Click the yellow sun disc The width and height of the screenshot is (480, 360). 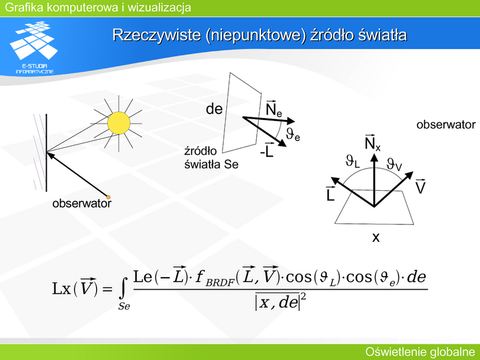(x=119, y=123)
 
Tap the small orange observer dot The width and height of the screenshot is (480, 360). (x=108, y=197)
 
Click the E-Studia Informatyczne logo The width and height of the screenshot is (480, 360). (x=34, y=47)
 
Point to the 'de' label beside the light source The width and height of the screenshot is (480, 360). (x=214, y=109)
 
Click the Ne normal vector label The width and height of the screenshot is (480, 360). (x=274, y=109)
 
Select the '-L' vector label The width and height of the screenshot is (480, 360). (x=266, y=150)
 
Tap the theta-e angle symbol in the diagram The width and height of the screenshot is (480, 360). (x=293, y=134)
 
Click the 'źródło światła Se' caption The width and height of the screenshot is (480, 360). (x=211, y=158)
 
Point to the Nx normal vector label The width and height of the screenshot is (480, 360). (x=372, y=142)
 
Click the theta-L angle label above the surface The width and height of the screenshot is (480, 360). (x=352, y=161)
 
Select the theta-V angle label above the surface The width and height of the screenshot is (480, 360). (x=394, y=164)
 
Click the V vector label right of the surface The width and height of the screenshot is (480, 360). (x=421, y=186)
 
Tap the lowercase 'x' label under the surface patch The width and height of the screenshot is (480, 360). (x=376, y=237)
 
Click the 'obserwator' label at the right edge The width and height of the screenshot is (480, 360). (x=446, y=125)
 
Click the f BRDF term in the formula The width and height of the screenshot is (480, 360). (x=215, y=278)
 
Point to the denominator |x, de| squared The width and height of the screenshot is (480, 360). (x=281, y=302)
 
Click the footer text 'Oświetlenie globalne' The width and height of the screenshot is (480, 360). (x=421, y=352)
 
